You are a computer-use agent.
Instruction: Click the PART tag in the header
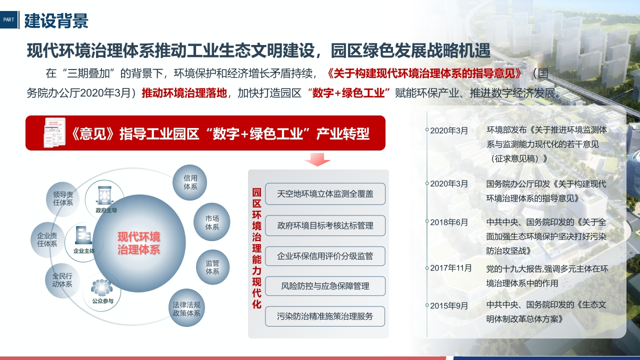(x=8, y=19)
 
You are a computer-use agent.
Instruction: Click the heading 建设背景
(x=56, y=20)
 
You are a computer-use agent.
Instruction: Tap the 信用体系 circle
(x=190, y=182)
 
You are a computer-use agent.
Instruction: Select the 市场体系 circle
(x=211, y=222)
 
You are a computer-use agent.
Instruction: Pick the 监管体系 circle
(x=212, y=267)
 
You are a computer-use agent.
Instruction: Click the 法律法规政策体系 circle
(x=186, y=309)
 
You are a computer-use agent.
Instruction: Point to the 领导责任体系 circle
(x=63, y=198)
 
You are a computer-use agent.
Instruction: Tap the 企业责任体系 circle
(x=47, y=239)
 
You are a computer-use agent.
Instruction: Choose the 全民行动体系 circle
(x=62, y=280)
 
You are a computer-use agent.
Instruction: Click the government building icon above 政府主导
(x=104, y=195)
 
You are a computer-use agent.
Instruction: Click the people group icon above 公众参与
(x=101, y=287)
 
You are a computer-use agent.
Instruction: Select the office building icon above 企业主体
(x=83, y=235)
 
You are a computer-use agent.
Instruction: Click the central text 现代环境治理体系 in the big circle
(x=139, y=243)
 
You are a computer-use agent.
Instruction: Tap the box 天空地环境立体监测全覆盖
(x=325, y=194)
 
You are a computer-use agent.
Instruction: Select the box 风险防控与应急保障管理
(x=325, y=286)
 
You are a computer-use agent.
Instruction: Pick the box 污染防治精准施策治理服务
(x=325, y=316)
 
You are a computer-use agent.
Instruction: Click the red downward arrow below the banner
(x=317, y=159)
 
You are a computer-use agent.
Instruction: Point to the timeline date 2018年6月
(x=449, y=222)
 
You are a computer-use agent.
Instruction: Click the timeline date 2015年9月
(x=449, y=305)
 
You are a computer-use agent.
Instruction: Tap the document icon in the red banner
(x=54, y=132)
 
